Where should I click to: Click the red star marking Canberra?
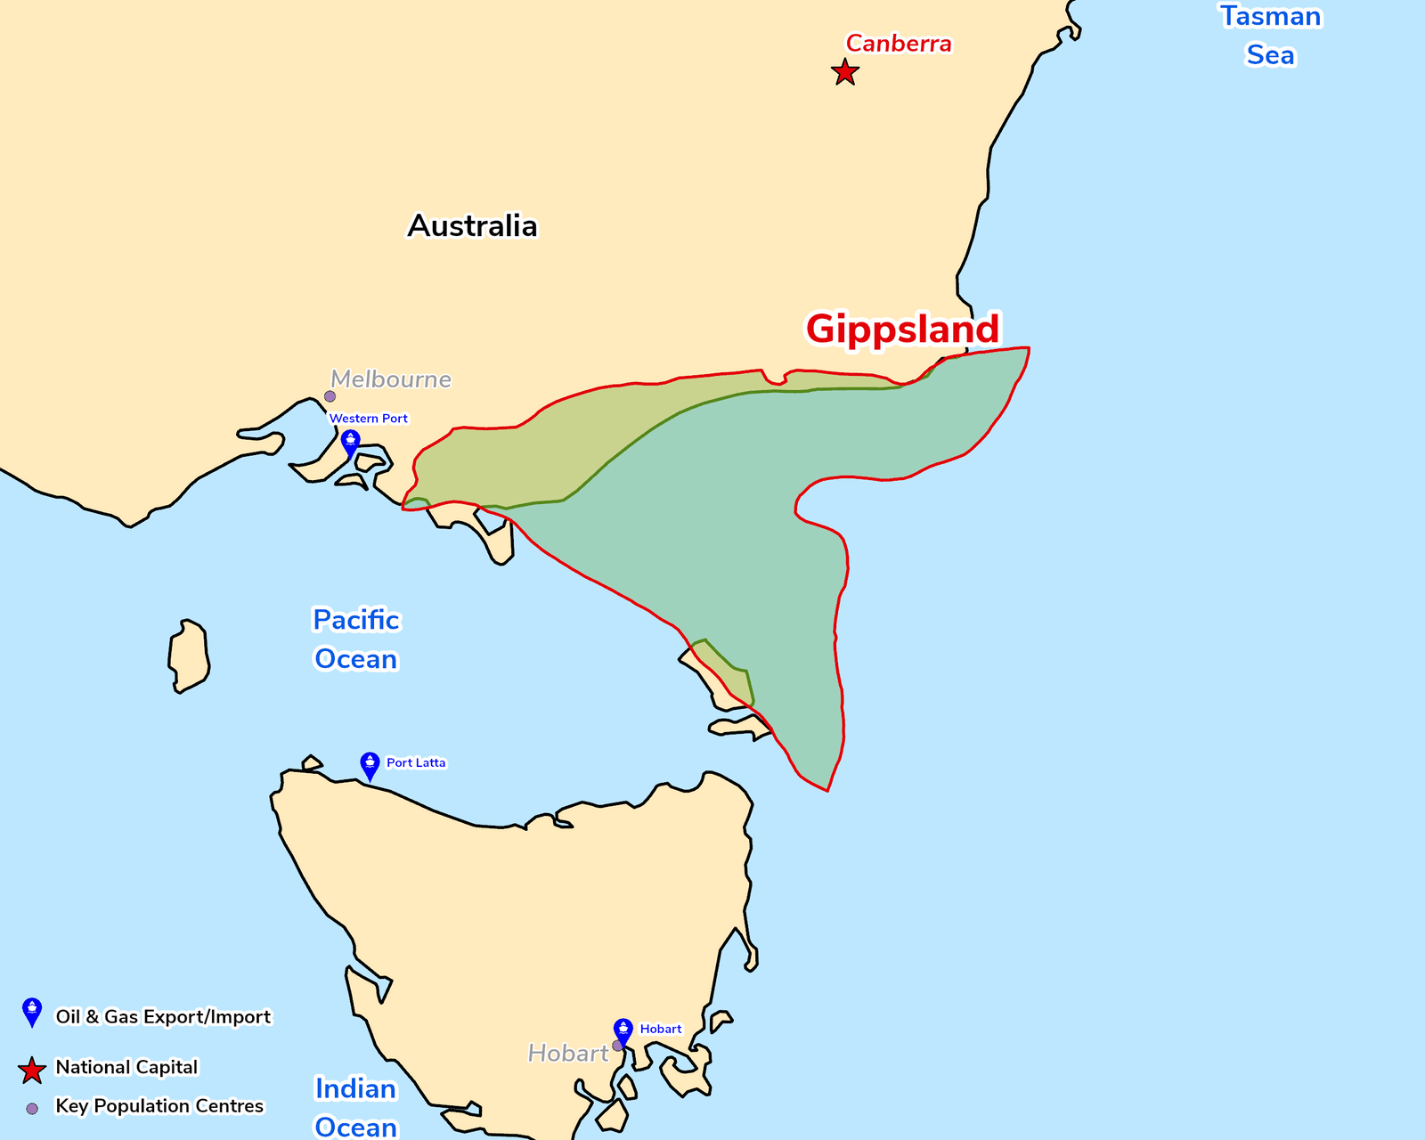pos(844,72)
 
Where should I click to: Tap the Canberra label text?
pos(898,44)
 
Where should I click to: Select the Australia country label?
pos(472,226)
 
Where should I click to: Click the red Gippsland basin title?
pos(902,329)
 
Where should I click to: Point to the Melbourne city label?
pos(390,379)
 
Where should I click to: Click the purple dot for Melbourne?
pos(330,396)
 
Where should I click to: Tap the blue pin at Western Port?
pos(350,442)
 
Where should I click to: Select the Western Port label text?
pos(368,419)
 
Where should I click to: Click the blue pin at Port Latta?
pos(370,765)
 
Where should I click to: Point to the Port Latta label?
pos(416,763)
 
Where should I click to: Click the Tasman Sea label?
pos(1270,36)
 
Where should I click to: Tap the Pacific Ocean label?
pos(356,639)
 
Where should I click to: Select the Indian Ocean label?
pos(356,1108)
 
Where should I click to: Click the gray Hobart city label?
pos(567,1054)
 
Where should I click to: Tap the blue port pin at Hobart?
pos(623,1030)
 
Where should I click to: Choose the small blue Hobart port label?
pos(661,1030)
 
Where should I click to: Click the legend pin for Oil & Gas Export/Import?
pos(32,1012)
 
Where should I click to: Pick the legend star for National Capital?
pos(32,1071)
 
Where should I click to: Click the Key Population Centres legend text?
pos(159,1106)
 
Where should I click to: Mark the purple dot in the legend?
pos(32,1109)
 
